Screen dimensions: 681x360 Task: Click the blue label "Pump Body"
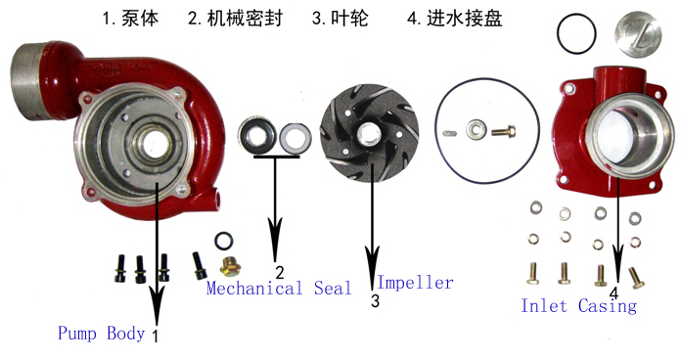click(101, 334)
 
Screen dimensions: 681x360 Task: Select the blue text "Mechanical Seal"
click(279, 289)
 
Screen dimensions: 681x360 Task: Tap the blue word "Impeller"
click(415, 283)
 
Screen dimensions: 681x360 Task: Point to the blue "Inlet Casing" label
click(578, 306)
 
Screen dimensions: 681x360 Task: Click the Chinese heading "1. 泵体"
click(131, 19)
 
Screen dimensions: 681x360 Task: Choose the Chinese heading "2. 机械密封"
click(236, 19)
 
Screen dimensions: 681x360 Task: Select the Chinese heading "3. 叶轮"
click(340, 19)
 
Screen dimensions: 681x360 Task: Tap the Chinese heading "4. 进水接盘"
click(455, 19)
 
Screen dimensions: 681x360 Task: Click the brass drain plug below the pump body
click(231, 266)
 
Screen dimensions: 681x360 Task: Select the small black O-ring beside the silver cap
click(558, 34)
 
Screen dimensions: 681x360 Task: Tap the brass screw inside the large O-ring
click(503, 130)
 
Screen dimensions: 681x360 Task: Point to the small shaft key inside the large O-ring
click(449, 133)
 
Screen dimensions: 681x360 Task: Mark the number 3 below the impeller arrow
click(376, 300)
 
